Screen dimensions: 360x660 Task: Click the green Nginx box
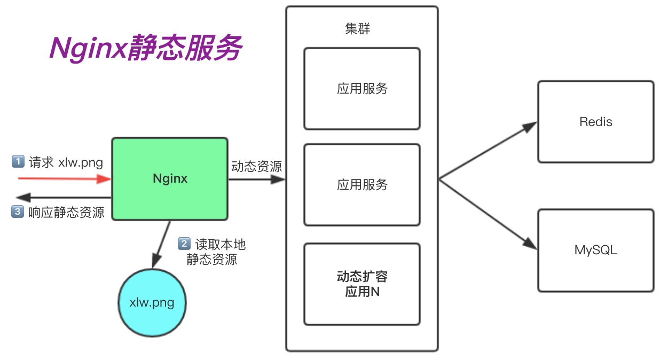coord(170,178)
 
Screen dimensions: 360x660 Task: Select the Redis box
coord(595,122)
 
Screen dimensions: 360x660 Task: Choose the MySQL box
coord(595,250)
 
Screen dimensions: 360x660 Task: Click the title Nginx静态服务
coord(146,49)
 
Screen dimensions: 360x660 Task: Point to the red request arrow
coord(64,178)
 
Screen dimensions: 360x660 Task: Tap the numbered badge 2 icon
coord(184,244)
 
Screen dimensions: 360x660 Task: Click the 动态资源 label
coord(256,167)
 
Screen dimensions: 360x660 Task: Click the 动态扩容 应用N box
coord(362,284)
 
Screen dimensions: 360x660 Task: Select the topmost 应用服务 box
coord(362,89)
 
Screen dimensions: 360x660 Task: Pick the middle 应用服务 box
coord(362,185)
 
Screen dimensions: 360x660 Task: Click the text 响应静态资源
coord(66,212)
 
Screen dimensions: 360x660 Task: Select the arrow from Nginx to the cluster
coord(256,179)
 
